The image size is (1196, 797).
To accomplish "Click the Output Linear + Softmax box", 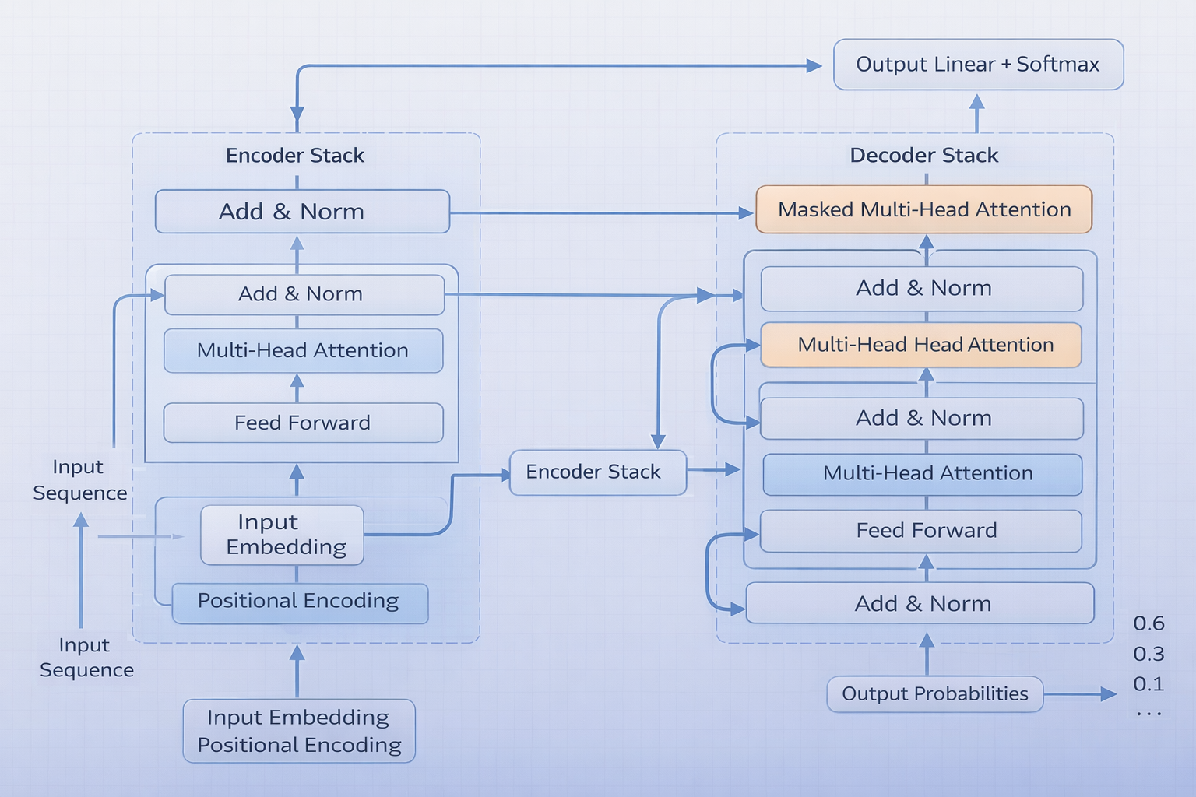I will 978,65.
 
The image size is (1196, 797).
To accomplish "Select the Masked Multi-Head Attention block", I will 924,209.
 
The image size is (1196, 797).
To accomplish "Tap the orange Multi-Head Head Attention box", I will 921,345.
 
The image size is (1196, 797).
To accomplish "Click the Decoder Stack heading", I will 923,155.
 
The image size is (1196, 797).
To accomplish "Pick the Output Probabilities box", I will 934,693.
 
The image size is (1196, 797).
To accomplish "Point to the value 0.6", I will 1149,623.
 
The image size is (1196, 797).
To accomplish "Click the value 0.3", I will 1149,654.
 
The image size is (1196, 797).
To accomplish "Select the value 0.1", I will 1149,684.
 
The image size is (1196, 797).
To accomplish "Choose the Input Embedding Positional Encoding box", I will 299,731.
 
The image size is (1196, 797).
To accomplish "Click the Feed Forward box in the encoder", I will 303,423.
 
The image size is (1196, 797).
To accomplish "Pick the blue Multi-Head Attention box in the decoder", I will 923,474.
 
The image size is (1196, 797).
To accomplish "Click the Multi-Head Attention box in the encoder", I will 303,351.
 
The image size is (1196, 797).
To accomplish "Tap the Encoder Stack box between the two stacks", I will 597,472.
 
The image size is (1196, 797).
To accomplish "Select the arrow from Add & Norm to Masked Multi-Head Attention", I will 600,212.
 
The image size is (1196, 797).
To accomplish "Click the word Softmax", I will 1057,65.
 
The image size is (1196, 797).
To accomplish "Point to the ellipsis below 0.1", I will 1149,713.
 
